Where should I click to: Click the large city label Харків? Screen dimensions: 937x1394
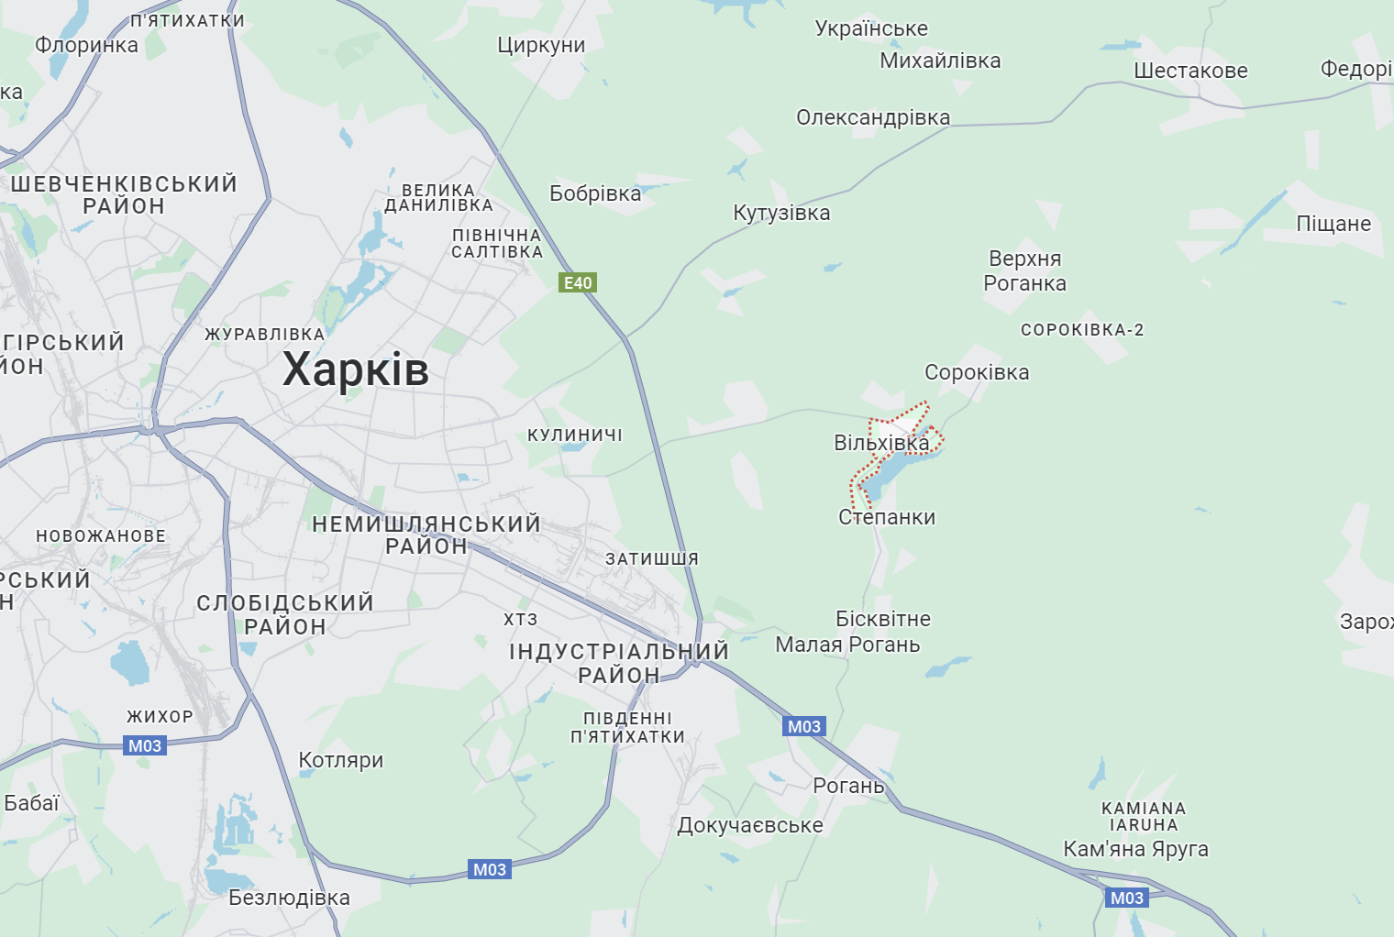coord(355,369)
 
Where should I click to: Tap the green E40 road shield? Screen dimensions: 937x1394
coord(578,282)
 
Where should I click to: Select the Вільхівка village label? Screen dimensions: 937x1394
coord(881,443)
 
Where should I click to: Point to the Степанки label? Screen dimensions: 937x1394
coord(887,517)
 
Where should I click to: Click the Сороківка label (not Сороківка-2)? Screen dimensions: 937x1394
coord(977,372)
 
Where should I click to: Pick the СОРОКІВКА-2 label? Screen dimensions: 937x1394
coord(1082,330)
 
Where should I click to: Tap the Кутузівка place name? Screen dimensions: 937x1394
coord(781,213)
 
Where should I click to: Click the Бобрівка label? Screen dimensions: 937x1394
coord(595,193)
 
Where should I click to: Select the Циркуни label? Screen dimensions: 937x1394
coord(541,45)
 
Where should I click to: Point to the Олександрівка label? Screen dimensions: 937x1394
coord(873,117)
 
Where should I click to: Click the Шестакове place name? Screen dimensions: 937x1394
coord(1190,71)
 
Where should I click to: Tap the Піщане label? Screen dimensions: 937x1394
coord(1333,224)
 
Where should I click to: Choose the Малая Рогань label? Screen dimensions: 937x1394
coord(847,645)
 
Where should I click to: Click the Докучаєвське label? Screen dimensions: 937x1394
coord(750,825)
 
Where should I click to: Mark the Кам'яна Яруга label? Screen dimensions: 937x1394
coord(1135,849)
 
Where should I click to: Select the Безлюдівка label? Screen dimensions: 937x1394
coord(289,898)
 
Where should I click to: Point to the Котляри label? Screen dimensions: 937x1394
coord(341,760)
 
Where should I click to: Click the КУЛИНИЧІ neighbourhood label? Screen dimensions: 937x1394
coord(575,435)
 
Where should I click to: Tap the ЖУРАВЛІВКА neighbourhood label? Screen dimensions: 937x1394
coord(265,335)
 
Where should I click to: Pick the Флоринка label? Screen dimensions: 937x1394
coord(86,45)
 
